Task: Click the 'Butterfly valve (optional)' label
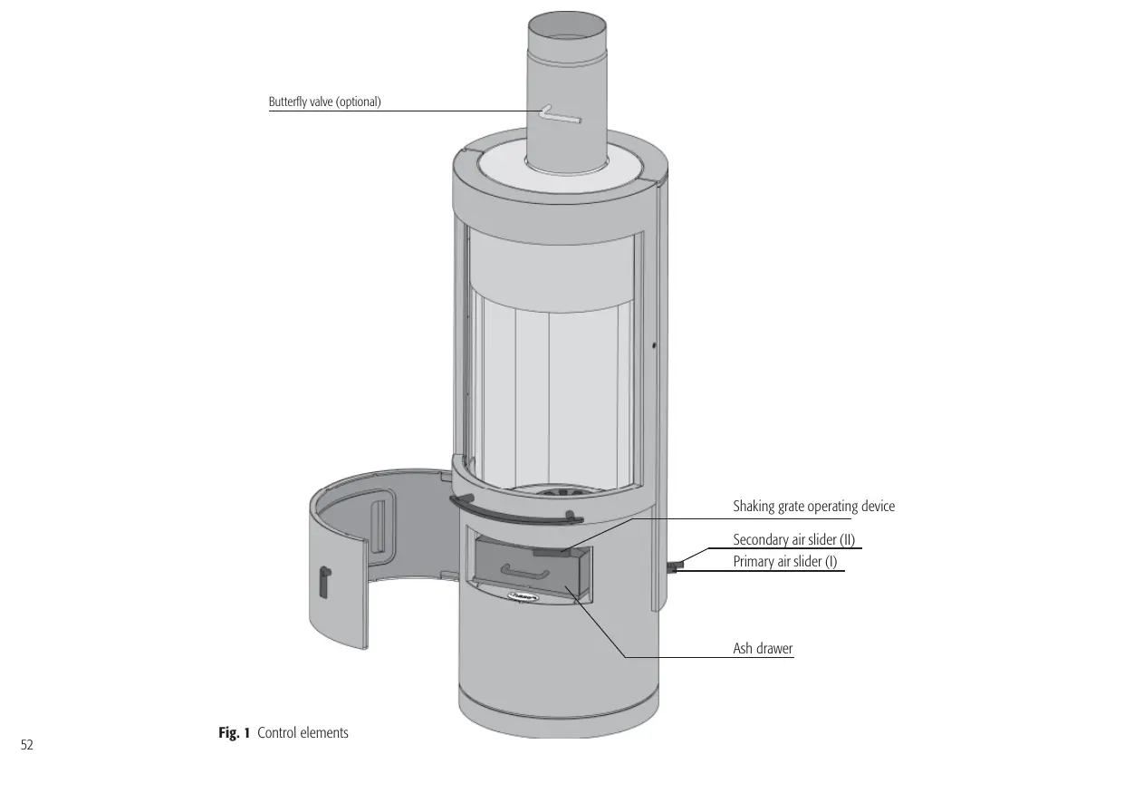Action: coord(324,102)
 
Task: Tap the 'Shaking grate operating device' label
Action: coord(813,507)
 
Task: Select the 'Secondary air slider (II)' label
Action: coord(793,540)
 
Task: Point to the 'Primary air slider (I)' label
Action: coord(784,562)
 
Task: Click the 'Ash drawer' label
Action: coord(763,649)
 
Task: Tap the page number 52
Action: coord(27,745)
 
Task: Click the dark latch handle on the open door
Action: coord(325,579)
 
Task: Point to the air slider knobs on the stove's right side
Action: coord(677,566)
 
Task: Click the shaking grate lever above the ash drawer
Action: coord(554,550)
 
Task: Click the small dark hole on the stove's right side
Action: coord(654,344)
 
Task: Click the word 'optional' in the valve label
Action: coord(358,102)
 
